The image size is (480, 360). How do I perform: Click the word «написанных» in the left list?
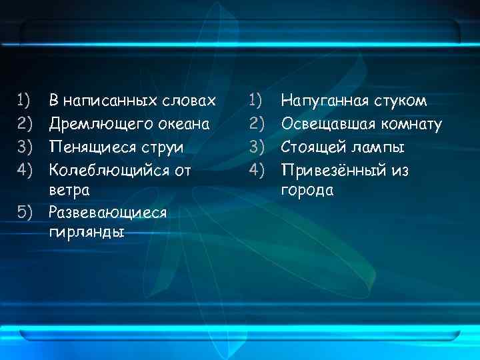click(110, 101)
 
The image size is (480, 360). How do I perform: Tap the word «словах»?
click(189, 101)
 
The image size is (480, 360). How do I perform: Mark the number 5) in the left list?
click(25, 212)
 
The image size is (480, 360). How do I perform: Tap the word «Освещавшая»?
click(329, 124)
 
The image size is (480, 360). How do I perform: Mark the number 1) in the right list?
click(256, 101)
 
